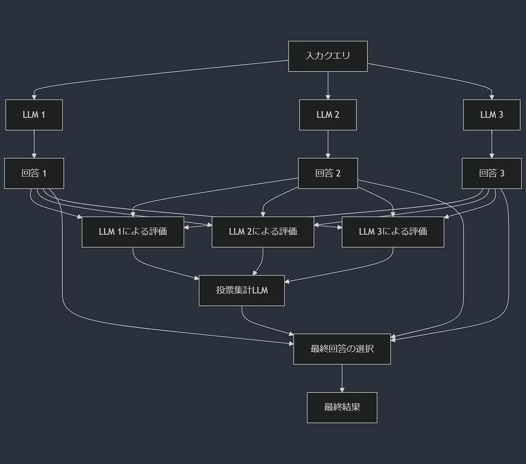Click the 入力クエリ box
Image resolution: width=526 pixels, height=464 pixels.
[x=328, y=56]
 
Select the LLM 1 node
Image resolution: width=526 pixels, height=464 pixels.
[x=34, y=114]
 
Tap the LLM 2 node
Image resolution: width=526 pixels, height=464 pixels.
[x=328, y=114]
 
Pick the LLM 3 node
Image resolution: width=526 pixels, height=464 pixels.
[x=492, y=114]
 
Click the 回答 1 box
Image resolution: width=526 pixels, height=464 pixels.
[x=34, y=173]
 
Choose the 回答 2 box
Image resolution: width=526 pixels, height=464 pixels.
[x=328, y=173]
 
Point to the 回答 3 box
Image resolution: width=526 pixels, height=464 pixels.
[x=492, y=173]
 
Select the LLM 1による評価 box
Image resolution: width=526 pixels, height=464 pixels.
[x=133, y=231]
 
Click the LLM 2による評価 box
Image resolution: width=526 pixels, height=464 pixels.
[x=262, y=231]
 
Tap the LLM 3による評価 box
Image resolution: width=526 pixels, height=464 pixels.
[x=392, y=231]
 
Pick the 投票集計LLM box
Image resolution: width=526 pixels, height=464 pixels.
[x=241, y=290]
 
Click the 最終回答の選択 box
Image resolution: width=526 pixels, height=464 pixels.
[x=342, y=349]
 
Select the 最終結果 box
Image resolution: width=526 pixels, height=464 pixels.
[x=342, y=408]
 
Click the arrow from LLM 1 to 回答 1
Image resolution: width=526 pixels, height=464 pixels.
[x=34, y=144]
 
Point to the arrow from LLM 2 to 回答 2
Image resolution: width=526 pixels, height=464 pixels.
[x=328, y=144]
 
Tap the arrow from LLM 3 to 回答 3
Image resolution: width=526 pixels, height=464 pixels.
[x=492, y=144]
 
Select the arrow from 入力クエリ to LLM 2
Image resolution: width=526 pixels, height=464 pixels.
[x=328, y=85]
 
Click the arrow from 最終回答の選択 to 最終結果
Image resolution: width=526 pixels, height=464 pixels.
[x=342, y=378]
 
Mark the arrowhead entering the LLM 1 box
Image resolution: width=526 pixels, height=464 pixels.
[x=34, y=96]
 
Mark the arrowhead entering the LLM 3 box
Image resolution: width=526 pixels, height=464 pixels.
[x=492, y=96]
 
